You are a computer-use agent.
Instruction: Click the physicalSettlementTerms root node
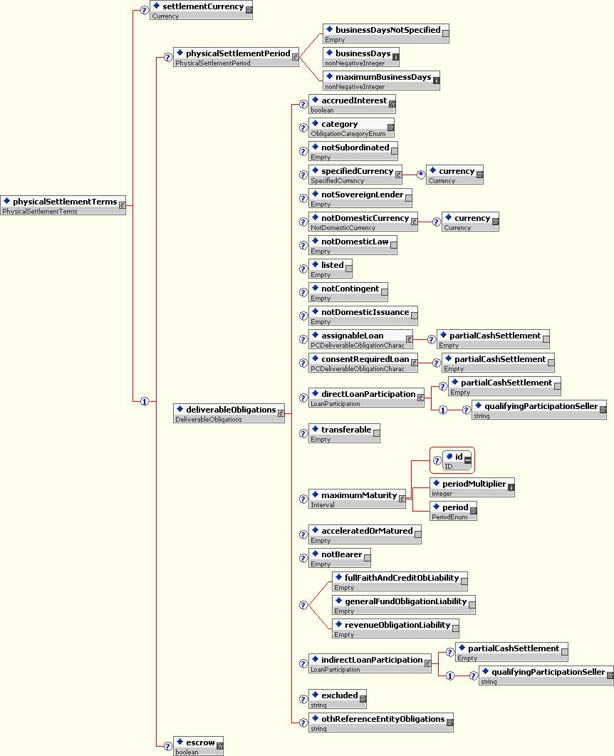pyautogui.click(x=60, y=205)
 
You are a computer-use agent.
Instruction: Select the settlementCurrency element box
pyautogui.click(x=200, y=10)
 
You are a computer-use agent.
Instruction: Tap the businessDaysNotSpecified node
pyautogui.click(x=385, y=33)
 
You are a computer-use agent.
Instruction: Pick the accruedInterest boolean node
pyautogui.click(x=350, y=104)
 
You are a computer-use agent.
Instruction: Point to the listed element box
pyautogui.click(x=330, y=269)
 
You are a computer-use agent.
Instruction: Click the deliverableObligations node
pyautogui.click(x=227, y=413)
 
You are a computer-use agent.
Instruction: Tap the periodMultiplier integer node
pyautogui.click(x=471, y=487)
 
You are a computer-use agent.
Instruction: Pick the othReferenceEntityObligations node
pyautogui.click(x=380, y=723)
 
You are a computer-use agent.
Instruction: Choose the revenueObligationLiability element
pyautogui.click(x=394, y=628)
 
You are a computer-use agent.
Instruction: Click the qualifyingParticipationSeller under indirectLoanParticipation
pyautogui.click(x=545, y=675)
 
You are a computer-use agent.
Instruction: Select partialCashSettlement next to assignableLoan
pyautogui.click(x=494, y=338)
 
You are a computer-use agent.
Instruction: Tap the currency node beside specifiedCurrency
pyautogui.click(x=454, y=175)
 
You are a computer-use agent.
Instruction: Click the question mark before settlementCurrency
pyautogui.click(x=145, y=11)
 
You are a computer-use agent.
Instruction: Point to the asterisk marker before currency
pyautogui.click(x=421, y=175)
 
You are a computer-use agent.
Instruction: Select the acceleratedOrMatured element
pyautogui.click(x=364, y=534)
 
